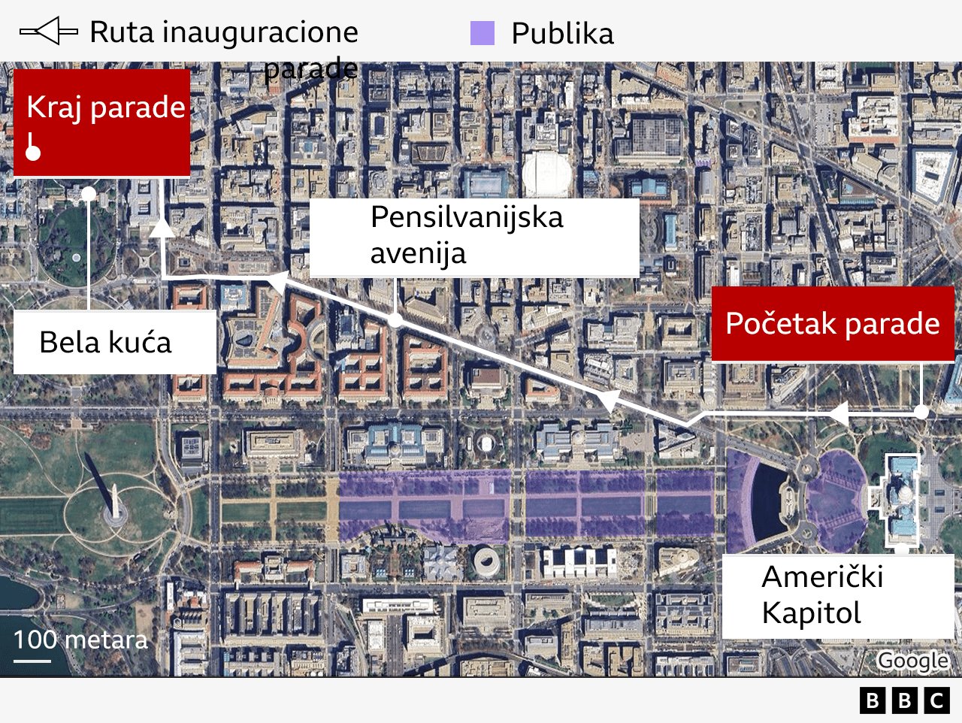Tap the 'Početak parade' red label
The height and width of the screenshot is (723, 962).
(832, 324)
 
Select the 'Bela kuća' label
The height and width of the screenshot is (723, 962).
(105, 342)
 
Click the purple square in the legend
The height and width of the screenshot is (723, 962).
(482, 34)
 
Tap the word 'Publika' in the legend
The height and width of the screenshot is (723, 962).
(562, 34)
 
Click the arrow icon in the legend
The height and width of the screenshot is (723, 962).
(48, 32)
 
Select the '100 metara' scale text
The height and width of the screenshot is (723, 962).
(80, 640)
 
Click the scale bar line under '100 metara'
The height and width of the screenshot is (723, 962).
(32, 661)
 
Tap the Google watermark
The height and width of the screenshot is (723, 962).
(912, 661)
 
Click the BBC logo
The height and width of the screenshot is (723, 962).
(904, 700)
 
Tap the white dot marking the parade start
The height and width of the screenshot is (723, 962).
(921, 412)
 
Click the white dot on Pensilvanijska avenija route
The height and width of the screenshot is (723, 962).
(395, 320)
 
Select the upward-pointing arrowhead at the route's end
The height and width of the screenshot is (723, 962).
(162, 227)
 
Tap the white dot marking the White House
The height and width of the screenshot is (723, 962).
(89, 194)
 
